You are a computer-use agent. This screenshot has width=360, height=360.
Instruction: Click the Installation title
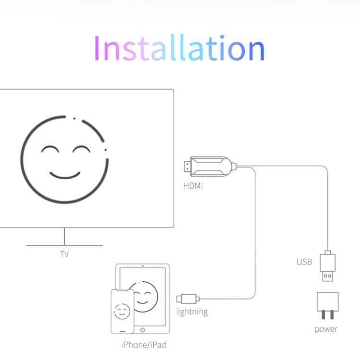[180, 48]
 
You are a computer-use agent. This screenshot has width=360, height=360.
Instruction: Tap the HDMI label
[193, 186]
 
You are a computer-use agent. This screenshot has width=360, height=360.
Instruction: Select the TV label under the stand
[64, 254]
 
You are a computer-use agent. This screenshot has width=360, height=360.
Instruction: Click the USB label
[304, 262]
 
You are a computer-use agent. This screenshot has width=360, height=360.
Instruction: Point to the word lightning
[192, 312]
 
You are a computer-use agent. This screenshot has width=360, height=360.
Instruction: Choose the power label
[326, 329]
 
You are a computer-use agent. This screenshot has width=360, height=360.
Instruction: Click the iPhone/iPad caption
[144, 345]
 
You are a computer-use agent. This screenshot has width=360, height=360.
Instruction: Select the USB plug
[328, 266]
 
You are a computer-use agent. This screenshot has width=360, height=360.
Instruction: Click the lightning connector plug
[188, 299]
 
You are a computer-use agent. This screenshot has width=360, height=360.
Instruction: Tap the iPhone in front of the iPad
[122, 312]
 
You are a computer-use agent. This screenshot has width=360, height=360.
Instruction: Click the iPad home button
[143, 330]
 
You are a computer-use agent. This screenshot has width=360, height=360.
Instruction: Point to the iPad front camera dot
[143, 266]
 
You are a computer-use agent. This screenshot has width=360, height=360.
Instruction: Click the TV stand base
[64, 245]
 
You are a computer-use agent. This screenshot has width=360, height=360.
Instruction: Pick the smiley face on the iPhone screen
[122, 312]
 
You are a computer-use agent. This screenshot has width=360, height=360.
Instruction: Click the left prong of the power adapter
[323, 314]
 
